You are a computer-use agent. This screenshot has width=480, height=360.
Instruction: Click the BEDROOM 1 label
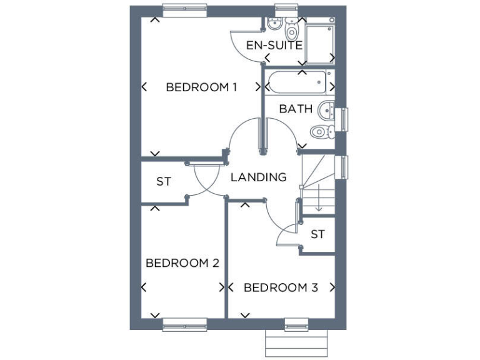[x=201, y=87]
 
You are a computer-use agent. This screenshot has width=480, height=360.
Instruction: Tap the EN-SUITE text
[x=274, y=45]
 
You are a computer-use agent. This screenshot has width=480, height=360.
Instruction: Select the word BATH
[x=296, y=109]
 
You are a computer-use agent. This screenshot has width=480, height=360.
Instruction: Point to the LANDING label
[x=258, y=177]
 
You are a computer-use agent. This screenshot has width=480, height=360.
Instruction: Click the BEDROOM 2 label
[x=182, y=263]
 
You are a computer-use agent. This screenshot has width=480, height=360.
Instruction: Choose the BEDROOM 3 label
[x=281, y=288]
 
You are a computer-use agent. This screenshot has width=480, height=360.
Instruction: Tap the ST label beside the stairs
[x=318, y=234]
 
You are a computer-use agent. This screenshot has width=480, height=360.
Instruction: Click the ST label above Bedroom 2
[x=164, y=182]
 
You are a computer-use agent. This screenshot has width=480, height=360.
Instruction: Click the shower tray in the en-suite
[x=320, y=42]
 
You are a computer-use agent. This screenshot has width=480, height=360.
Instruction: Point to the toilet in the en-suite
[x=291, y=29]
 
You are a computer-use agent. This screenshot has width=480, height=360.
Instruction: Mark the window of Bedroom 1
[x=185, y=10]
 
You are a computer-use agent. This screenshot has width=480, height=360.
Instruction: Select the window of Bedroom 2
[x=185, y=324]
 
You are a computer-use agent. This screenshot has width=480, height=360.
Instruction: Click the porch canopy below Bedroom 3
[x=296, y=342]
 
